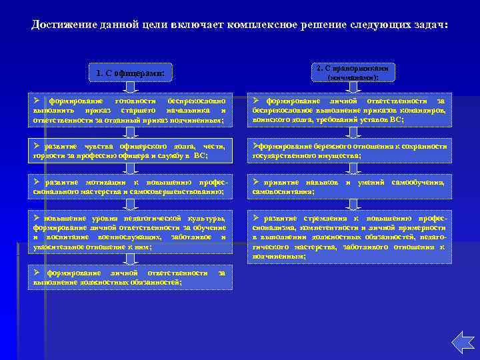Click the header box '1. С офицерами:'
click(x=130, y=72)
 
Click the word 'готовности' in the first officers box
click(x=137, y=100)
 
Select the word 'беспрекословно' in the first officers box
click(x=196, y=100)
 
